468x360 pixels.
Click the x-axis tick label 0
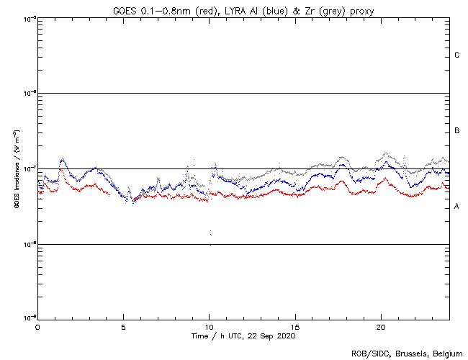point(37,326)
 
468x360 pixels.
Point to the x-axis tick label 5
point(123,326)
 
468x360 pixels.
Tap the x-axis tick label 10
point(209,326)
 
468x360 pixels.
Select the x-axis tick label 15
point(295,326)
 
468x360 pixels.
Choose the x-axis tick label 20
point(381,326)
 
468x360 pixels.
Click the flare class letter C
point(457,55)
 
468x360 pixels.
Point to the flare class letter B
point(457,131)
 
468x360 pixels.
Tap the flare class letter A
point(457,207)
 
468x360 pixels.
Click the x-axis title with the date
point(243,336)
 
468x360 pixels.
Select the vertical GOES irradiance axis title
point(15,169)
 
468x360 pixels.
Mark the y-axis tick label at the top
point(27,18)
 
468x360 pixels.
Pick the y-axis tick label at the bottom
point(27,318)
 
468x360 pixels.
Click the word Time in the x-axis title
point(199,336)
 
